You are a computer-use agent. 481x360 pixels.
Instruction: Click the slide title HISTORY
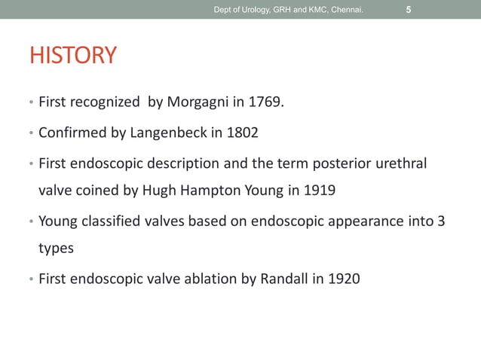(x=72, y=56)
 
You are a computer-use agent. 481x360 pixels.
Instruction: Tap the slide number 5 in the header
(x=408, y=10)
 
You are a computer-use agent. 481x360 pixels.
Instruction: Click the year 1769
(x=270, y=102)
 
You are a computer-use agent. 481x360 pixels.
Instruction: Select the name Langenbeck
(x=170, y=133)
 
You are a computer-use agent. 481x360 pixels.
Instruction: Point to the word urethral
(x=400, y=163)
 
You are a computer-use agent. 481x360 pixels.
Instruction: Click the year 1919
(x=319, y=190)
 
